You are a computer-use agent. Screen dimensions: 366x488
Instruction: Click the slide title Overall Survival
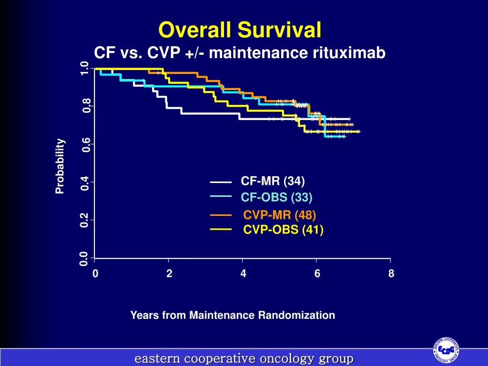pos(240,30)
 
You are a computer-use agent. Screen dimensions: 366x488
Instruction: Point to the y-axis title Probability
pos(60,166)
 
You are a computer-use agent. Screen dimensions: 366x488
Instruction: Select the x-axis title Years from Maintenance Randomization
pos(233,315)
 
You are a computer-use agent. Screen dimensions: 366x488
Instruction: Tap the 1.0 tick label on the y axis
pos(85,68)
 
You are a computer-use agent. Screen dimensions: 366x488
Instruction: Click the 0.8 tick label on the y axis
pos(85,106)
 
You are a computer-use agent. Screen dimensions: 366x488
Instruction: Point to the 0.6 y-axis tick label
pos(85,144)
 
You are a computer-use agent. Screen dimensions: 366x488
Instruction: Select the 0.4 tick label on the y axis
pos(85,183)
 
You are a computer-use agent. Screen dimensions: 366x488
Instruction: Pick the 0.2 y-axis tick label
pos(85,221)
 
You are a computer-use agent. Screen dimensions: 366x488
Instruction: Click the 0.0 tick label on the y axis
pos(85,259)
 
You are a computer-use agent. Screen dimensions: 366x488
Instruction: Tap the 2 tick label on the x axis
pos(169,274)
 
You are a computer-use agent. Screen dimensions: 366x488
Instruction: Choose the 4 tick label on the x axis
pos(243,274)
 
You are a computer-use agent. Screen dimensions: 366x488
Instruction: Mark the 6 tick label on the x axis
pos(317,274)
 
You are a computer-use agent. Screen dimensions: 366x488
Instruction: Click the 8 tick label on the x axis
pos(391,274)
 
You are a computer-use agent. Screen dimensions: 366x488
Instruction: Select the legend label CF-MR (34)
pos(273,181)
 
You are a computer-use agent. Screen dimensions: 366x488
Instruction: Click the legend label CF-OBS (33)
pos(276,197)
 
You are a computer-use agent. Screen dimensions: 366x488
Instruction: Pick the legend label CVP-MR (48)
pos(280,214)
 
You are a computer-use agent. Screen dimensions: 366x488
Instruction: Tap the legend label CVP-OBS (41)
pos(284,230)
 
